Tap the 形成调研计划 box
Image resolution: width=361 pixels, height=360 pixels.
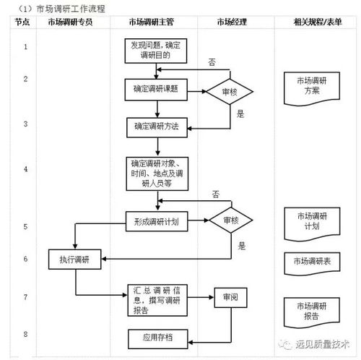point(156,220)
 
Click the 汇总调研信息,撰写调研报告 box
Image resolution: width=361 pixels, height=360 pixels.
point(156,300)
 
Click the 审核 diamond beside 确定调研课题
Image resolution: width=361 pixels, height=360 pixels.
point(229,91)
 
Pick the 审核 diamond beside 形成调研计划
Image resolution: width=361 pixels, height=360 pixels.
point(230,220)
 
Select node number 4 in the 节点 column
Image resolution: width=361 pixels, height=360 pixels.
point(25,169)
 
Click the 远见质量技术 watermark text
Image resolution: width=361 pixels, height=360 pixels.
point(322,345)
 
